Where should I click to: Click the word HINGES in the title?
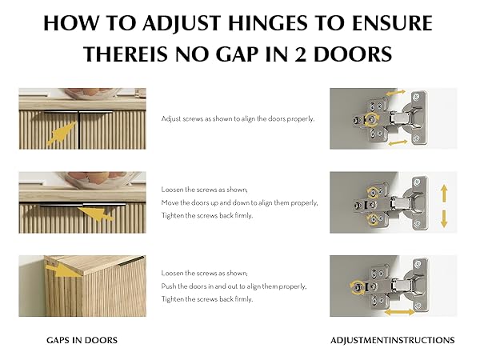(267, 23)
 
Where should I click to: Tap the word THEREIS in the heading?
(126, 54)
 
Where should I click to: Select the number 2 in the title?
(300, 54)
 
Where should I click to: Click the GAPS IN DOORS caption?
(82, 340)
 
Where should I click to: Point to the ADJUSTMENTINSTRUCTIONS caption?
(393, 340)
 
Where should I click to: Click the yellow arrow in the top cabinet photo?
(62, 133)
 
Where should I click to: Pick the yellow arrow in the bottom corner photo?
(65, 270)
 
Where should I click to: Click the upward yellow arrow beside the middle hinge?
(444, 193)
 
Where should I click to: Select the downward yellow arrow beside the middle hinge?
(444, 218)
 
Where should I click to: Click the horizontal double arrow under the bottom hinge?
(399, 312)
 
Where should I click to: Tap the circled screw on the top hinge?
(371, 119)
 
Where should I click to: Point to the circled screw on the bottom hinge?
(356, 287)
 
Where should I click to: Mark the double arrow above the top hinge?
(395, 93)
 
